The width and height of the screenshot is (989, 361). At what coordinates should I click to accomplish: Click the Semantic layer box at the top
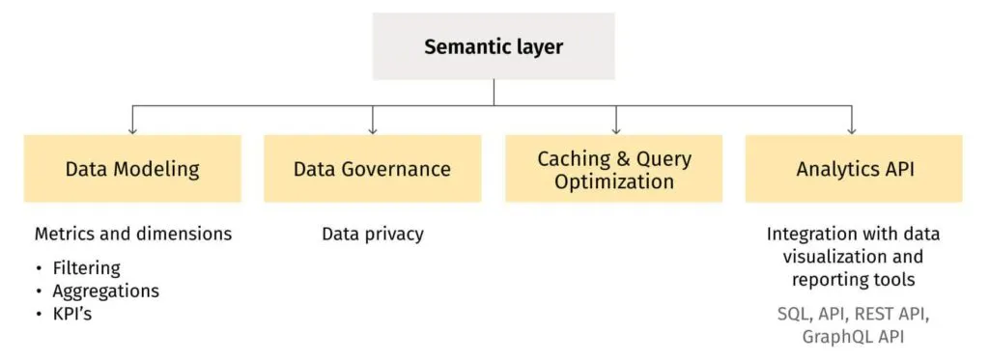tap(494, 46)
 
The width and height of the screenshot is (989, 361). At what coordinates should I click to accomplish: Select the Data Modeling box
tap(132, 169)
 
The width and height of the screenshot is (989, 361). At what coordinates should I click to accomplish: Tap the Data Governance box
tap(372, 169)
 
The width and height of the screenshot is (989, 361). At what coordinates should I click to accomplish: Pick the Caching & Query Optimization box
tap(613, 169)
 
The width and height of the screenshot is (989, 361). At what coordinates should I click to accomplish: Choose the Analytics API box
tap(854, 169)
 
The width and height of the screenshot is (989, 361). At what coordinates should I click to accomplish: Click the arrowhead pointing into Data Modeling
tap(132, 129)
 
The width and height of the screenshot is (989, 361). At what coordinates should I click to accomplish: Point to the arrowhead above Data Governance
tap(373, 129)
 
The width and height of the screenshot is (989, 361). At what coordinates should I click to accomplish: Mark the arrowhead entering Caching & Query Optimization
tap(614, 129)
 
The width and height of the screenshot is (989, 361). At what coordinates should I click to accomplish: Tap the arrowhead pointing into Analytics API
tap(851, 129)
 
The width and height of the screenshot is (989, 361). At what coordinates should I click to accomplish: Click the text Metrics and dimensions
tap(133, 235)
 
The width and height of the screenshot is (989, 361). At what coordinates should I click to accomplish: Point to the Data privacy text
tap(372, 235)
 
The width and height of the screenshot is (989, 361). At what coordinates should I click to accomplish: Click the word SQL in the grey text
tap(794, 314)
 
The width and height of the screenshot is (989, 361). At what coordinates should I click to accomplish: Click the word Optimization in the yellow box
tap(613, 181)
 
